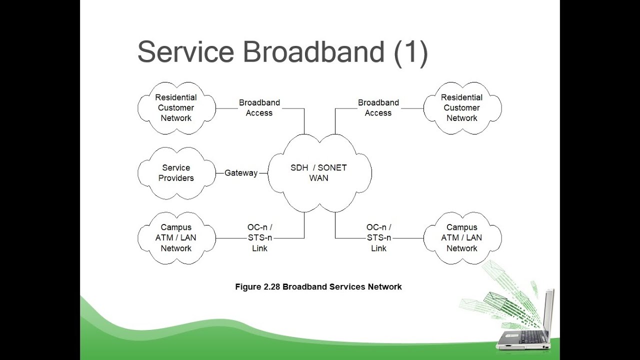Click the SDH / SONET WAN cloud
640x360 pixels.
[x=319, y=172]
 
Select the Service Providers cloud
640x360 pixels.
[x=176, y=173]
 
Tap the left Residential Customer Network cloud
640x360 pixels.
[x=176, y=108]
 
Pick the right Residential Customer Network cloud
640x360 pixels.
[x=462, y=108]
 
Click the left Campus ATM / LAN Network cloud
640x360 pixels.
[x=176, y=238]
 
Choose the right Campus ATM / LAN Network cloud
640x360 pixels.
[x=462, y=238]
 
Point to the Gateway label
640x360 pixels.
[x=241, y=173]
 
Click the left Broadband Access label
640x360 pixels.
[x=259, y=108]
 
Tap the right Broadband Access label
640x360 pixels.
[x=378, y=108]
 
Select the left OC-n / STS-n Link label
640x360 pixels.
[x=260, y=238]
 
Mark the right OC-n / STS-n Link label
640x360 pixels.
[x=379, y=238]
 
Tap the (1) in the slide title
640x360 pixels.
[x=410, y=52]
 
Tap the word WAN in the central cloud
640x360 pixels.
[x=319, y=178]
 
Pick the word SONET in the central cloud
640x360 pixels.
[x=332, y=168]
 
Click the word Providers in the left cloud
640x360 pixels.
[x=176, y=178]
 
